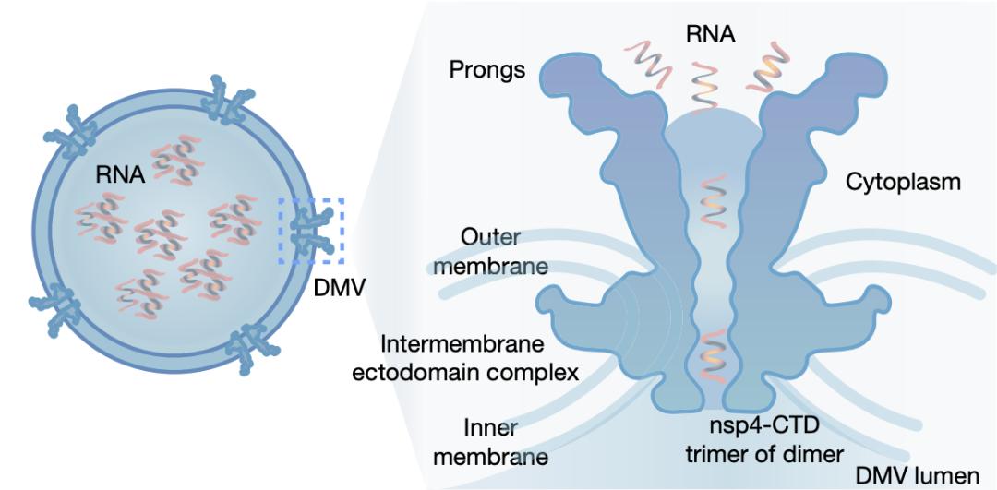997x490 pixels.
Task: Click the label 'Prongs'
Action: [488, 71]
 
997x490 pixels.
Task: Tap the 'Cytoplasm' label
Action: [903, 182]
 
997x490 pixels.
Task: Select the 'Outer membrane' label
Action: [503, 252]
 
